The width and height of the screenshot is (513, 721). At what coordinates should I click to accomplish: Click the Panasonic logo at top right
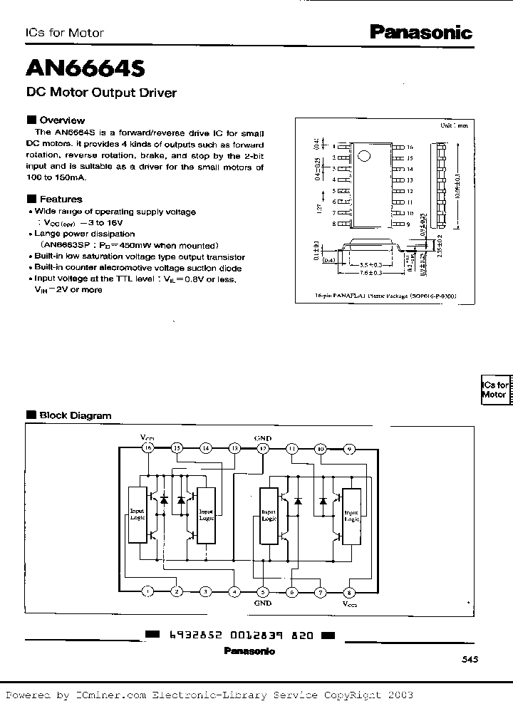(x=420, y=32)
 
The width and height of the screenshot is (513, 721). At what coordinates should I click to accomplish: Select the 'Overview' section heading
(x=61, y=120)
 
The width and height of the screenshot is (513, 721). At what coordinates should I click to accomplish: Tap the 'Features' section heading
(x=61, y=199)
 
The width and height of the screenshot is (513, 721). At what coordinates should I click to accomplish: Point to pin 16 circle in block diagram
(x=148, y=448)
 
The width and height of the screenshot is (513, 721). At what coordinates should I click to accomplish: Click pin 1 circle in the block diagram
(x=148, y=591)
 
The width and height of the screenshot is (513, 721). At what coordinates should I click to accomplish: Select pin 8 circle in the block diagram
(x=348, y=591)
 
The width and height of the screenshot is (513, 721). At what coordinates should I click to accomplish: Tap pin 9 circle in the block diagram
(x=349, y=448)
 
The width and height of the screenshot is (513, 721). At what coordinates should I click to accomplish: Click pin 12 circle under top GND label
(x=263, y=448)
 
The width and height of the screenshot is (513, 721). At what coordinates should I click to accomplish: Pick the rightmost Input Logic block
(x=351, y=515)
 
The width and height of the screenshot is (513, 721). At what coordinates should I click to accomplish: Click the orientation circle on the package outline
(x=365, y=157)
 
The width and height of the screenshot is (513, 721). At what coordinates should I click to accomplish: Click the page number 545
(x=470, y=660)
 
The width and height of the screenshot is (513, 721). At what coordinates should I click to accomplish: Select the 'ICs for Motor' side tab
(x=494, y=390)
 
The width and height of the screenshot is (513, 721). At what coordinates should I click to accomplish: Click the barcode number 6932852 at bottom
(x=197, y=635)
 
